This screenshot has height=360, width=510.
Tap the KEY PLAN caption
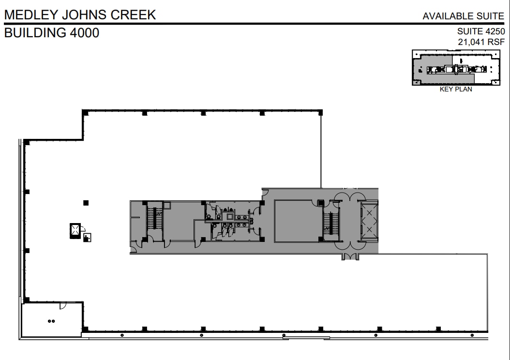tap(455, 90)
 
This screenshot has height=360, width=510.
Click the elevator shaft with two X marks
tap(369, 221)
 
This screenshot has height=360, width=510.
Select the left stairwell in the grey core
tap(155, 220)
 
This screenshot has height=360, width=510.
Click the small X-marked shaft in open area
tap(75, 230)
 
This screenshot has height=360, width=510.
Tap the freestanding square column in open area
tap(86, 202)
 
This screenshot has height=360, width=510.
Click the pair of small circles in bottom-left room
tap(52, 320)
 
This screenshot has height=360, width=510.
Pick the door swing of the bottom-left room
tap(63, 305)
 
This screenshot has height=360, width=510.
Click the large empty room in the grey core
tap(295, 221)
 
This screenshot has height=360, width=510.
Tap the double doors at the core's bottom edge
tap(349, 256)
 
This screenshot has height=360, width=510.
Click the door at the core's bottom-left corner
tap(133, 249)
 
